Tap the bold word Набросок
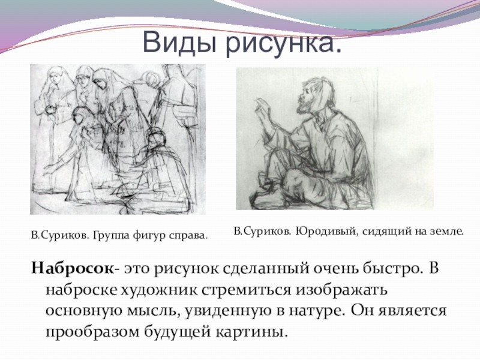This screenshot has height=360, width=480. click(72, 268)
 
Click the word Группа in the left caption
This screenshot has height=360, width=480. click(111, 236)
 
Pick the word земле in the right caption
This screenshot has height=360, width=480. click(445, 232)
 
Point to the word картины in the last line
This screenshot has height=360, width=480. click(252, 332)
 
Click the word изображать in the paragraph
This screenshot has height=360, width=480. click(341, 290)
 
